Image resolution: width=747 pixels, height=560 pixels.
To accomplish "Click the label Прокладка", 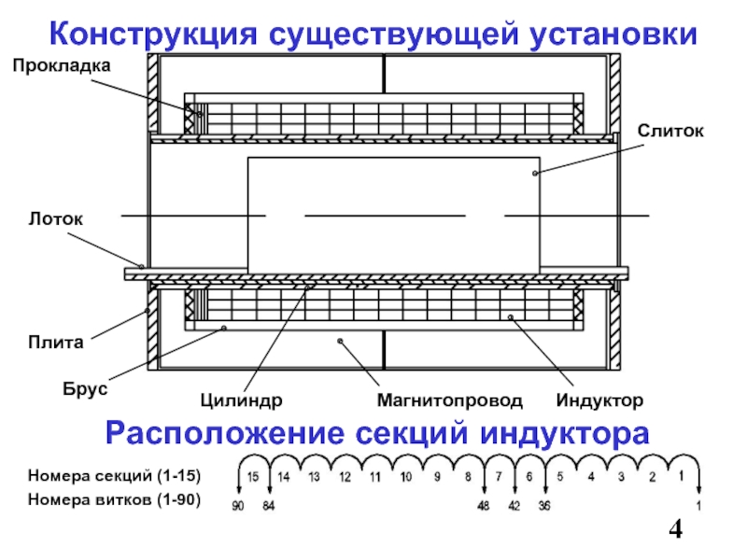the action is tap(62, 65).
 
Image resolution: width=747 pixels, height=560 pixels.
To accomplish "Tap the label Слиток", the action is tap(670, 131).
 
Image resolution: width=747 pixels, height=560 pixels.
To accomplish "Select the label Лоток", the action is tap(56, 219).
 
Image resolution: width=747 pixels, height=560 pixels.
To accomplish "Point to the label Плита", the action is tap(56, 343).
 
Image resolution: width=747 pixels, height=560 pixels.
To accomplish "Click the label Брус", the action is tap(85, 389).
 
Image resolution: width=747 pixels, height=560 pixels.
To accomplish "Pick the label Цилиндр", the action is tap(241, 400).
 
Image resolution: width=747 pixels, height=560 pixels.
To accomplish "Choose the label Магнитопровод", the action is tap(450, 400).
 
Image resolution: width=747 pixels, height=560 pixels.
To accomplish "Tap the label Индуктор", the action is tap(599, 400).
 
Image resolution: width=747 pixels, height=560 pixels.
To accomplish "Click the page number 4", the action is tap(675, 529).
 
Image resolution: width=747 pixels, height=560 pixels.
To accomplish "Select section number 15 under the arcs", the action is tap(253, 477).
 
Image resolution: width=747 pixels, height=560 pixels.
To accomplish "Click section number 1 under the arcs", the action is tap(682, 476).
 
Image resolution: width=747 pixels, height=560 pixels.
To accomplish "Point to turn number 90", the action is tap(238, 506).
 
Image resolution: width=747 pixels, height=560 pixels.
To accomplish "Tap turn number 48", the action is tap(483, 506).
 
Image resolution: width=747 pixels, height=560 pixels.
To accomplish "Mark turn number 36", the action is tap(544, 506).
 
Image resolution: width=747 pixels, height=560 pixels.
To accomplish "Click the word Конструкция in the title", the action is tap(153, 35).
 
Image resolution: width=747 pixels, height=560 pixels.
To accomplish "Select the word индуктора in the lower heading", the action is tap(565, 434).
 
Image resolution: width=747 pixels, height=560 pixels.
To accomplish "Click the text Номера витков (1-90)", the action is tap(114, 500).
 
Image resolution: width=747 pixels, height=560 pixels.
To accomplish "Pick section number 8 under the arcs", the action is tap(468, 477).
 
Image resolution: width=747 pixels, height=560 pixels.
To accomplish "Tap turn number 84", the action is tap(269, 506).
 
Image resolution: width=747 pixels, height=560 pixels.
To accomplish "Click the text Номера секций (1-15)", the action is tap(114, 476).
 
